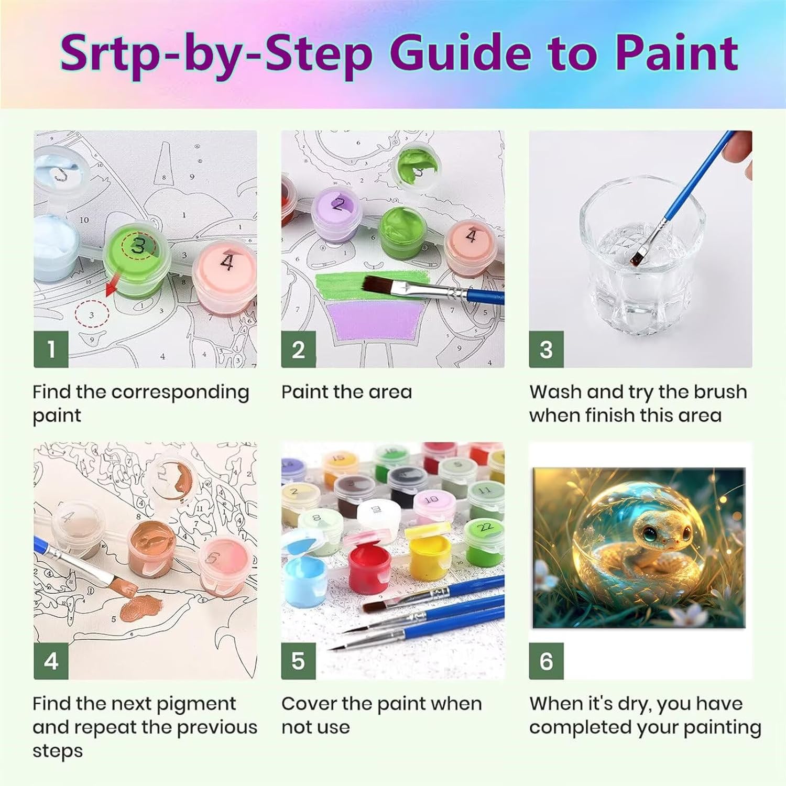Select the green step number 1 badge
51,349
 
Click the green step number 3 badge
546,349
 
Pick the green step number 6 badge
546,661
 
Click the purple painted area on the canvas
375,320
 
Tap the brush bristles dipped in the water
639,257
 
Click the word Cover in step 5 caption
309,704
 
